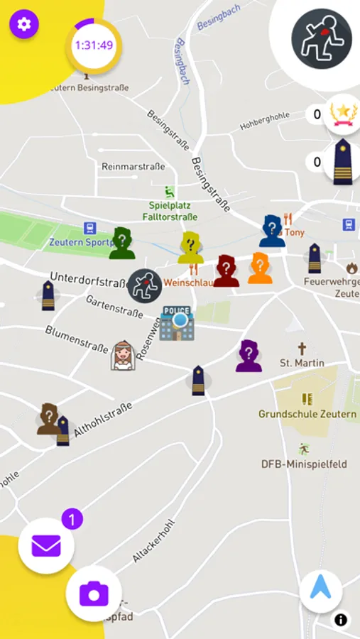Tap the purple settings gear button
pos(24,24)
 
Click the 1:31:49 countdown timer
pos(94,45)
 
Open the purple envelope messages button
pos(46,546)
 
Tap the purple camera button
pos(94,593)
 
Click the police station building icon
pos(177,323)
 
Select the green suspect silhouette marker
pos(122,244)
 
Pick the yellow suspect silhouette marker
pos(190,248)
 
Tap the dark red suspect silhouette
pos(226,271)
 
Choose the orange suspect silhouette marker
pos(260,268)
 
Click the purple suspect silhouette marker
pos(249,356)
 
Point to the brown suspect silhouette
pos(49,418)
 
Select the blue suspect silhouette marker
pos(271,231)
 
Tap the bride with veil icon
pos(123,355)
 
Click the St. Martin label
pos(302,363)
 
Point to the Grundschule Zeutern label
pos(307,414)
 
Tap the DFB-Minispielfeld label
pos(304,464)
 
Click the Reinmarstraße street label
pos(133,166)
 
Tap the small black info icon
pos(341,620)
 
